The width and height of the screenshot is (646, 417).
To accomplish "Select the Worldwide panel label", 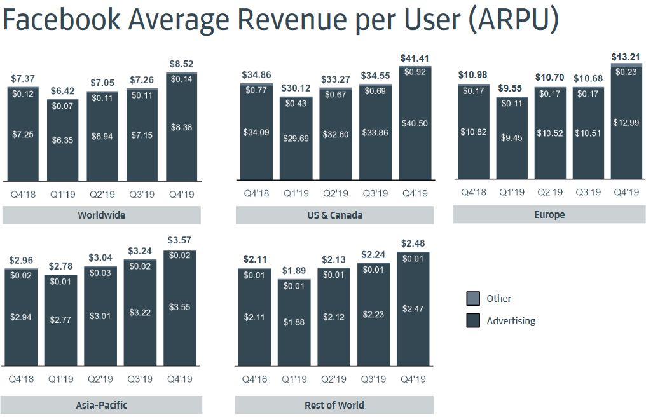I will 101,215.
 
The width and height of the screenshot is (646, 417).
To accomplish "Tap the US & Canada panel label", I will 334,215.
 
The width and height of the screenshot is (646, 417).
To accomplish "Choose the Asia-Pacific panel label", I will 102,405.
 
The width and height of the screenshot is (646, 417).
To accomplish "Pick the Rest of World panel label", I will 334,405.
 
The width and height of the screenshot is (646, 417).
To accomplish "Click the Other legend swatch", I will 473,299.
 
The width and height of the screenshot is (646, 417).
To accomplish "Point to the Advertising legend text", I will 511,321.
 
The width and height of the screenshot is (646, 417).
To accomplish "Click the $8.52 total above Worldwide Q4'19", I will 181,64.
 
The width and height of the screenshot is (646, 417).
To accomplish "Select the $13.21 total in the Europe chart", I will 626,57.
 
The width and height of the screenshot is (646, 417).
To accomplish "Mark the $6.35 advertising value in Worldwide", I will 62,140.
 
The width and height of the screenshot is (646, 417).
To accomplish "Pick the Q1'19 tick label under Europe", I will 511,192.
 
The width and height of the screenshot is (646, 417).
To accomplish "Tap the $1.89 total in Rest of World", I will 294,271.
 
